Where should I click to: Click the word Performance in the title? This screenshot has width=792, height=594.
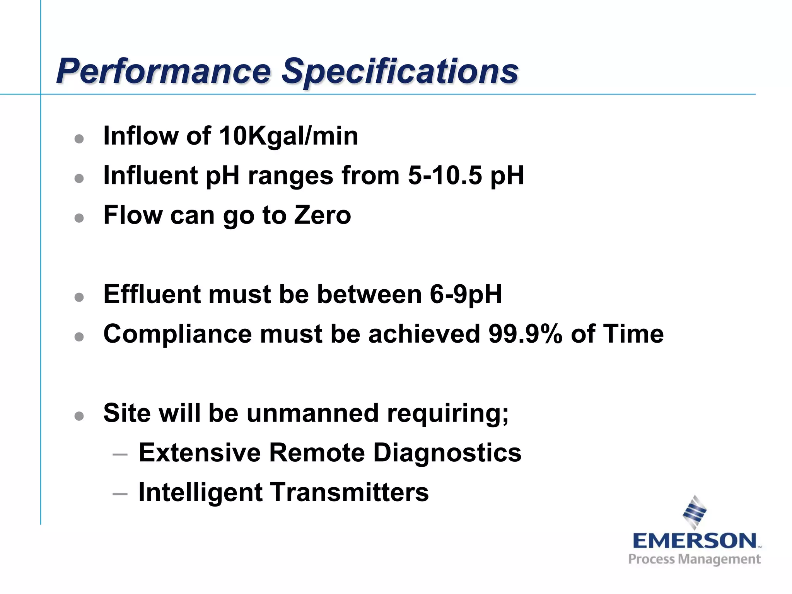point(164,71)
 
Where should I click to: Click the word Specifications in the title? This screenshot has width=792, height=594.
point(400,72)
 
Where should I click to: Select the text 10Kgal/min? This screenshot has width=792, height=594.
point(288,136)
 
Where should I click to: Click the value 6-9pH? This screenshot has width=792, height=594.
point(466,295)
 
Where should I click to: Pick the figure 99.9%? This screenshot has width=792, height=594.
point(525,334)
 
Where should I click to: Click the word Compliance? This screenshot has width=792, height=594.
point(177,335)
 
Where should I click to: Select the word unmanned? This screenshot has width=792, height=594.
point(312,413)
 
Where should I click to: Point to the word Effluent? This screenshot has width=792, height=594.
point(152,295)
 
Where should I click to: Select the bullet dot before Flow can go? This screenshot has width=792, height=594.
point(79,218)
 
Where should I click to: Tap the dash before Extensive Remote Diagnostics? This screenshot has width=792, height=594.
point(120,454)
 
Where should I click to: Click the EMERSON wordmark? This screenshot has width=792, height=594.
point(695,541)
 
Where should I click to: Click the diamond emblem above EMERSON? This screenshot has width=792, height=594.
point(695,512)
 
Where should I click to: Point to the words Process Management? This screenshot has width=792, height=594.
point(695,560)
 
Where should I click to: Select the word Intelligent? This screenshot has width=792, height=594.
point(200,493)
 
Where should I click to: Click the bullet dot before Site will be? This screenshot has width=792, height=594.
point(79,416)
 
